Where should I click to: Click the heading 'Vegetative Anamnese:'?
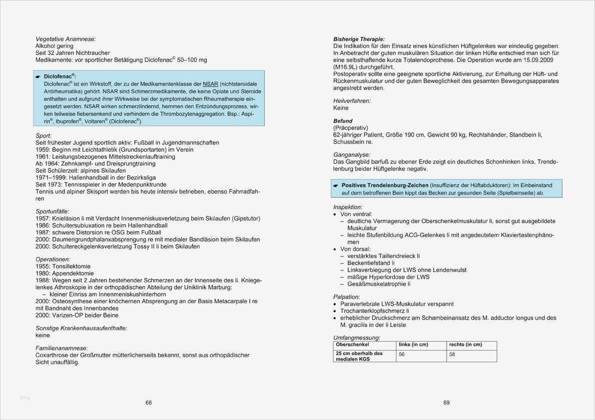pyautogui.click(x=65, y=39)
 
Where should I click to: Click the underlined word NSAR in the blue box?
pyautogui.click(x=210, y=84)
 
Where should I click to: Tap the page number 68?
pyautogui.click(x=148, y=403)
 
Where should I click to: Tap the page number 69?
pyautogui.click(x=447, y=403)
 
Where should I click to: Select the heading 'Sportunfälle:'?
pyautogui.click(x=52, y=211)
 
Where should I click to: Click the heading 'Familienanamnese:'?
pyautogui.click(x=61, y=348)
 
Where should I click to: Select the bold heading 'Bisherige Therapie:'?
pyautogui.click(x=359, y=39)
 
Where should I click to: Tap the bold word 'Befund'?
pyautogui.click(x=343, y=121)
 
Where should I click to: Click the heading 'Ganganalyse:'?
pyautogui.click(x=352, y=155)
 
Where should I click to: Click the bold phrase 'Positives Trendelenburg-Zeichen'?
pyautogui.click(x=385, y=185)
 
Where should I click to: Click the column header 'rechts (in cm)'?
pyautogui.click(x=465, y=345)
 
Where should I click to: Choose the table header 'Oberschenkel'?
pyautogui.click(x=352, y=345)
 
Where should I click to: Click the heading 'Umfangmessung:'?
pyautogui.click(x=357, y=338)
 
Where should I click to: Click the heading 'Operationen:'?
pyautogui.click(x=53, y=259)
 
